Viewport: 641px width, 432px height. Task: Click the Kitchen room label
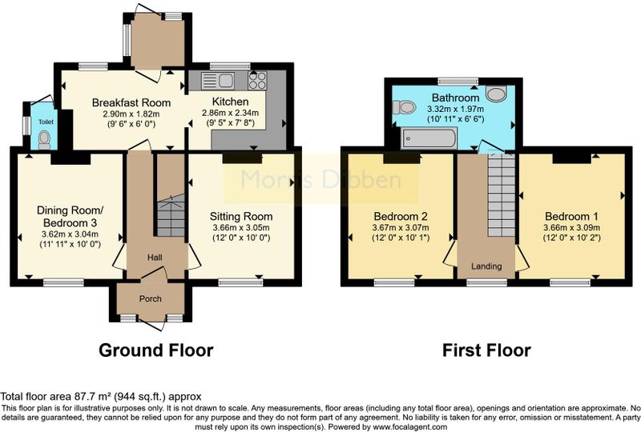pyautogui.click(x=230, y=102)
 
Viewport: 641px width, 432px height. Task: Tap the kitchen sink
pyautogui.click(x=218, y=81)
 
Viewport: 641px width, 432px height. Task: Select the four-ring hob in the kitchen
pyautogui.click(x=257, y=80)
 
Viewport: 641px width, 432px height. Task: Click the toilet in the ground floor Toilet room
pyautogui.click(x=44, y=140)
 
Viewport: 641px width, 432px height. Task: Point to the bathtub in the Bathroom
pyautogui.click(x=429, y=138)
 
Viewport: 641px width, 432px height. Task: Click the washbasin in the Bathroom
pyautogui.click(x=496, y=94)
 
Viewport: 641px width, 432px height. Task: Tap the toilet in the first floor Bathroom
pyautogui.click(x=404, y=107)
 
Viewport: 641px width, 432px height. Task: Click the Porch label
pyautogui.click(x=151, y=299)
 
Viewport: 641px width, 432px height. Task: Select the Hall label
pyautogui.click(x=155, y=258)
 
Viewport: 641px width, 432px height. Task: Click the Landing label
pyautogui.click(x=486, y=266)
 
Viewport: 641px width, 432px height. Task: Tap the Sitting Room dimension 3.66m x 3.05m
pyautogui.click(x=241, y=227)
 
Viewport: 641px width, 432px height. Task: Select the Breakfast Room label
pyautogui.click(x=131, y=102)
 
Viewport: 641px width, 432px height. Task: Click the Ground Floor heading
pyautogui.click(x=155, y=350)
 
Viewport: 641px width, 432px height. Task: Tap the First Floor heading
pyautogui.click(x=486, y=350)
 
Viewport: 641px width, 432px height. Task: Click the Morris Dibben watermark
pyautogui.click(x=321, y=180)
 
